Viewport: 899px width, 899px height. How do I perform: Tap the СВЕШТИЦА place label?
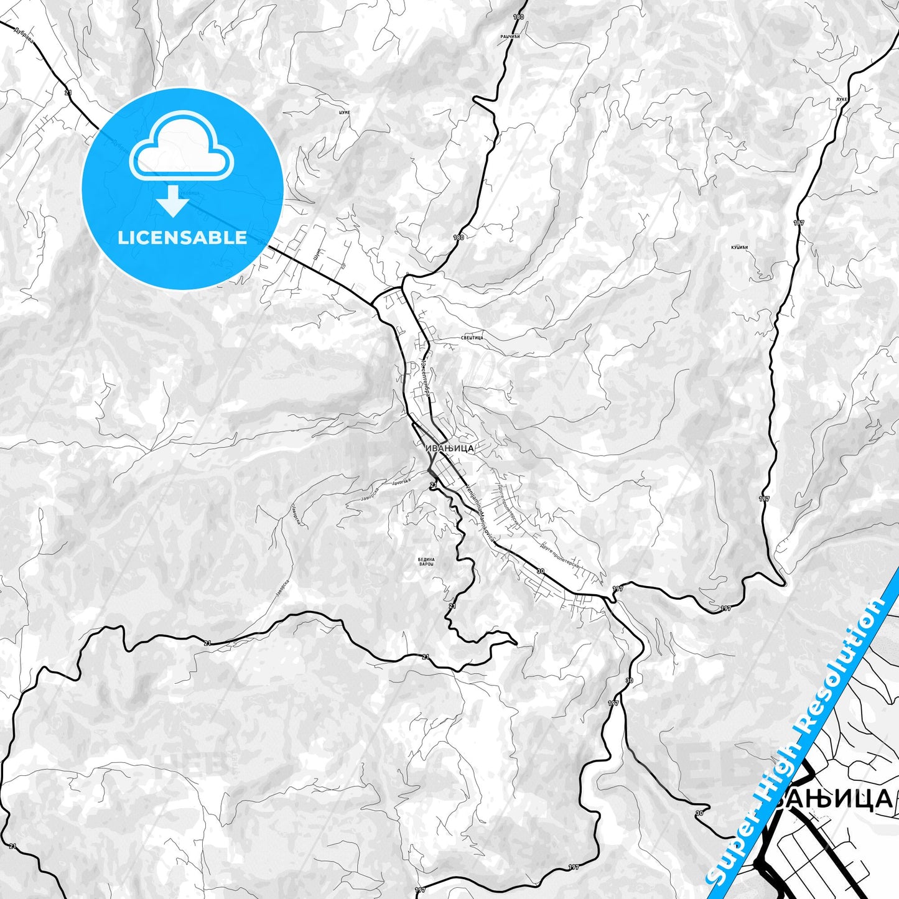472,337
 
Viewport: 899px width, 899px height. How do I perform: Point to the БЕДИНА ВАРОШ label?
426,562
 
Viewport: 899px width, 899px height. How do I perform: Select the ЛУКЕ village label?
842,99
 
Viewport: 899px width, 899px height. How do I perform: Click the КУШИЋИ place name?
740,248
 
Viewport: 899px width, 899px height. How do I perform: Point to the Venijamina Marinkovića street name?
478,513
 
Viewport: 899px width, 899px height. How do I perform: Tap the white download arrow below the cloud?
174,202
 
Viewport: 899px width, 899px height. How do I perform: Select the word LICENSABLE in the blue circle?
182,237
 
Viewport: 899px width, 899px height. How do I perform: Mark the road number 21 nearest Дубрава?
68,92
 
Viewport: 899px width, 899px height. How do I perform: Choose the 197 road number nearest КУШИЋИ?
799,222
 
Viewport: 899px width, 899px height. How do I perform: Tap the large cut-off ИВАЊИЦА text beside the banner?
834,798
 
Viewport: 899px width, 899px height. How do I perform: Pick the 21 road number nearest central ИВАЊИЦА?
434,484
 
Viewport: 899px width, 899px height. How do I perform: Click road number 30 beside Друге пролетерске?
540,571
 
